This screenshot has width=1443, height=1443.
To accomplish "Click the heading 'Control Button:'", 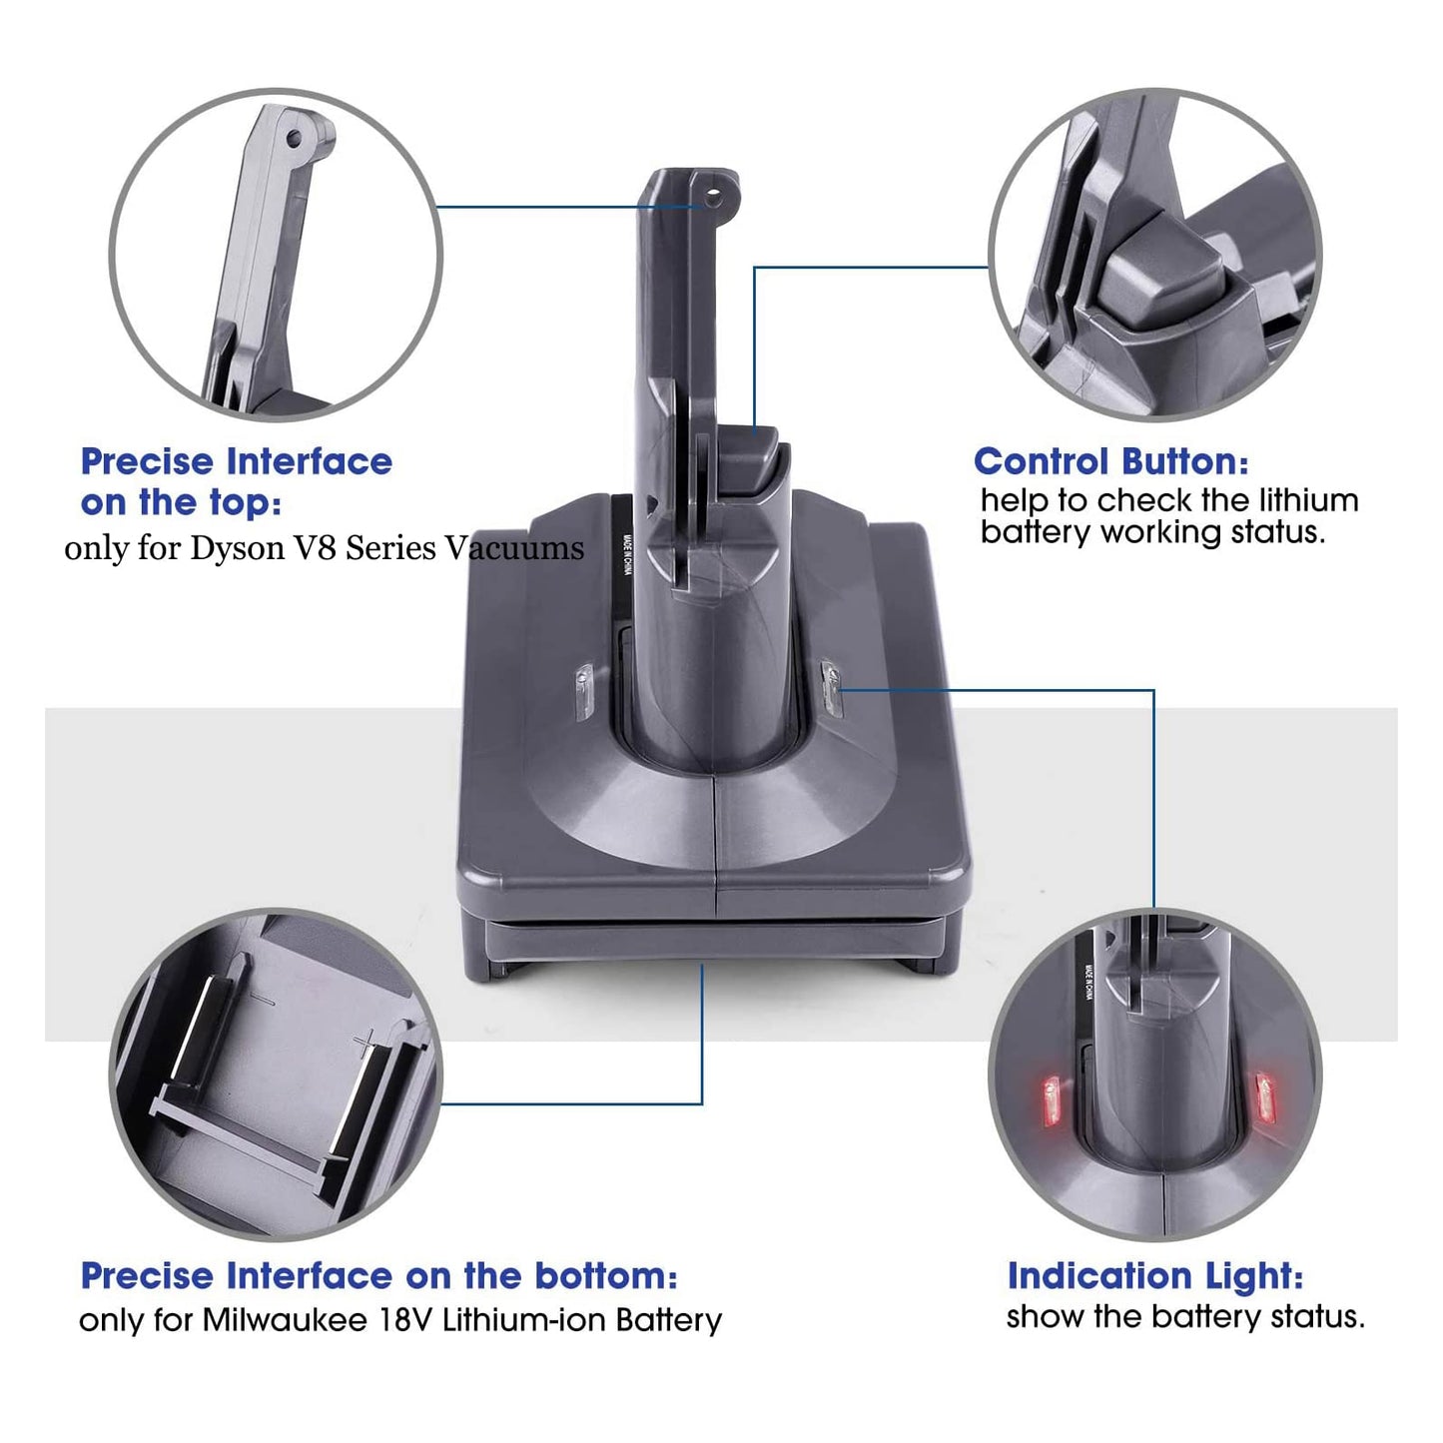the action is (1110, 462).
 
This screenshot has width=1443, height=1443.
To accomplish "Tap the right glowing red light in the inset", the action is (1265, 1098).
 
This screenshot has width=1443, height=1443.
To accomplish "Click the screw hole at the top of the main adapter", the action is (713, 196).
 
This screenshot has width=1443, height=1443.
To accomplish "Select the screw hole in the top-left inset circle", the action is (295, 138).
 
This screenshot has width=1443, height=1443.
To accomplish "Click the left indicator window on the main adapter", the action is (584, 692).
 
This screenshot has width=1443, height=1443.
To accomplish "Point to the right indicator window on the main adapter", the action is (831, 687).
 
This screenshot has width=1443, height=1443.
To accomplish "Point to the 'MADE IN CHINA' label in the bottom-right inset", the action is (1087, 982).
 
